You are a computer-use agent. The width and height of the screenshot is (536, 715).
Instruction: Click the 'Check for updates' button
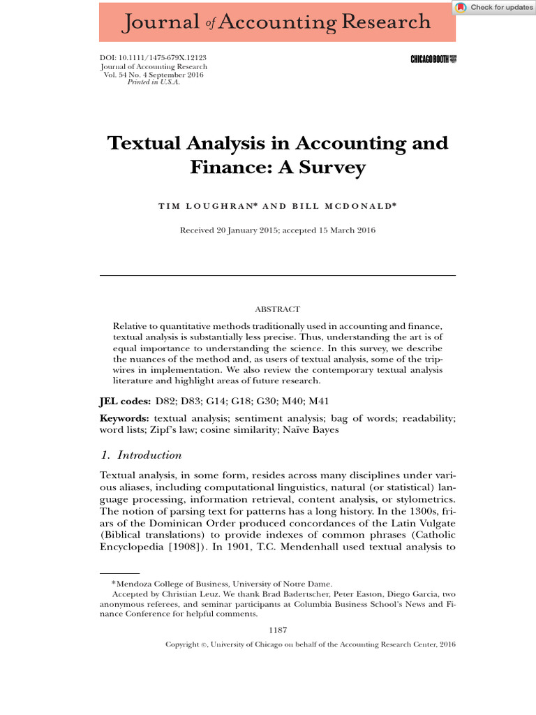494,8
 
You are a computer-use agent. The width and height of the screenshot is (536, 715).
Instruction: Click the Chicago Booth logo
433,60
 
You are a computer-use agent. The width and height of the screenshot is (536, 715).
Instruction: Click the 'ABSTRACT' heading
278,309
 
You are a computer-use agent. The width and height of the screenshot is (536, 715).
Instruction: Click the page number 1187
278,630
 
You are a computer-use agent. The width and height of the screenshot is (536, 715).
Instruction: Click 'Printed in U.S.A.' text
154,82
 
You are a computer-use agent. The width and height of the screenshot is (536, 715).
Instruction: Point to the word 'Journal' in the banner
160,22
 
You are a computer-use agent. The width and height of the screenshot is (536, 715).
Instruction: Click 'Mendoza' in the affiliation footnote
135,584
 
